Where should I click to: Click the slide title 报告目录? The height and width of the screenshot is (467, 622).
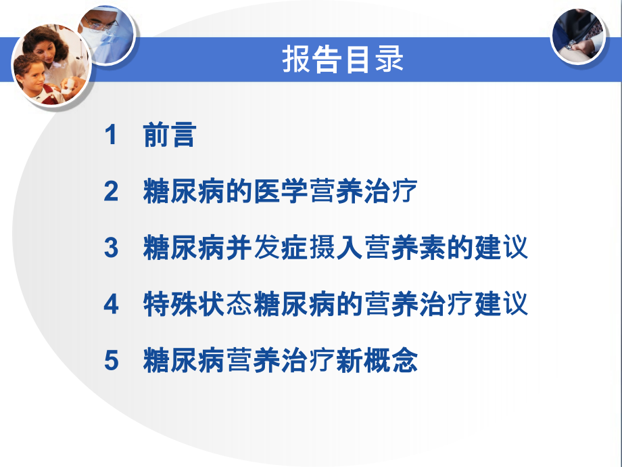pos(343,60)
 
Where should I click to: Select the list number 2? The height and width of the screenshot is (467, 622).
pos(111,192)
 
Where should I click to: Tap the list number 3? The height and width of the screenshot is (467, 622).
pos(111,248)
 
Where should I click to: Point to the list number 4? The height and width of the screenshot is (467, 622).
pos(111,305)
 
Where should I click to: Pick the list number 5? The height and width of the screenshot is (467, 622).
pos(111,361)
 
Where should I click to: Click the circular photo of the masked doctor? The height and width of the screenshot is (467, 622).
pos(108,30)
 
